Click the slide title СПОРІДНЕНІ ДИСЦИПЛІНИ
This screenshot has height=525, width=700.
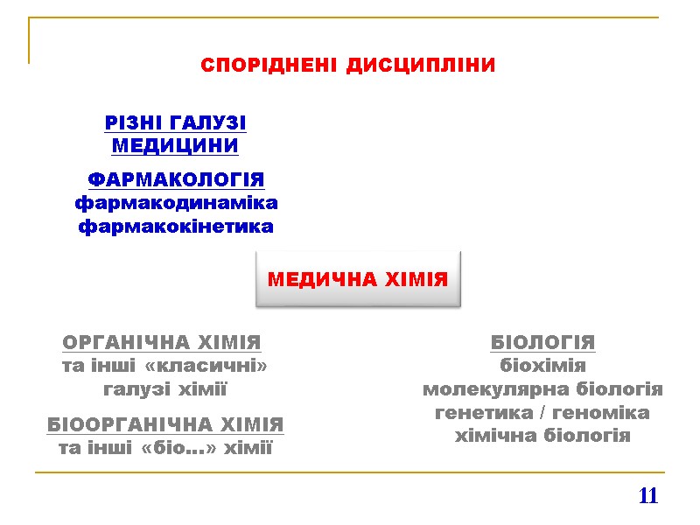(348, 66)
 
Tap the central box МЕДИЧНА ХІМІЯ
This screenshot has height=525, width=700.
(357, 280)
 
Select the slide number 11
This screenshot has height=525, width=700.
(647, 496)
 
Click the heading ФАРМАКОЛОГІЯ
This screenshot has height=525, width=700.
(176, 180)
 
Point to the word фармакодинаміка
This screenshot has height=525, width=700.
(176, 204)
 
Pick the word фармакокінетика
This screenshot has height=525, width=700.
(176, 227)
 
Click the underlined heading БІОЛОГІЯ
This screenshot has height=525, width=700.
(542, 342)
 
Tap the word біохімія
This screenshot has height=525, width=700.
(542, 366)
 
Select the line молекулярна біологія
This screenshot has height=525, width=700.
(542, 389)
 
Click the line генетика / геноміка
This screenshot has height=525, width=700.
(542, 412)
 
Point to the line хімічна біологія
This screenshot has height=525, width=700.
(542, 436)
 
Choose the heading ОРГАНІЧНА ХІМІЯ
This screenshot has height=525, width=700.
(163, 342)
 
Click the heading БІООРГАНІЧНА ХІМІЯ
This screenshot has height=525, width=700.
(165, 425)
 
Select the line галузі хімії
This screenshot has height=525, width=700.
(165, 389)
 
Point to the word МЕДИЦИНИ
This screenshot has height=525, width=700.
(176, 144)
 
